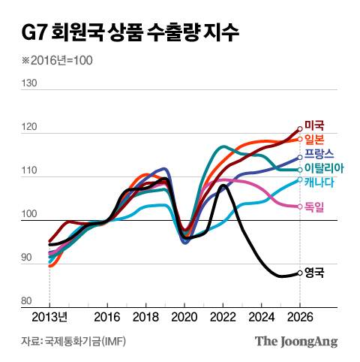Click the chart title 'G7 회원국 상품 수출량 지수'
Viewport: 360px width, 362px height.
pos(132,32)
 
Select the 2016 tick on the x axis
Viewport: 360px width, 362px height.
pos(108,316)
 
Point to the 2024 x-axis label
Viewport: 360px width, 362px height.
pos(262,316)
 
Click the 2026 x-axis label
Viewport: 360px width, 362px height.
pos(300,316)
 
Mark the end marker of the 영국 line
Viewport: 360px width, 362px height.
pos(300,273)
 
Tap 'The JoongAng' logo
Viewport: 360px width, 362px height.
pos(296,342)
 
